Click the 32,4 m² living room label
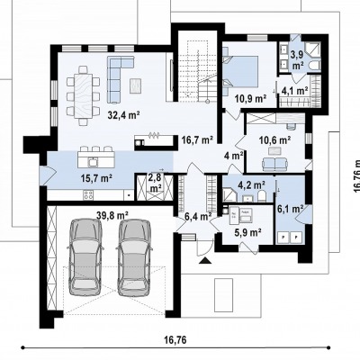(x=123, y=115)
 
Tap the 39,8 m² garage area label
(x=112, y=215)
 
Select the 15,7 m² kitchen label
(x=96, y=178)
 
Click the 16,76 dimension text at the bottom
(x=175, y=340)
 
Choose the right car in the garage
(x=134, y=257)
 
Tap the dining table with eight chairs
(x=84, y=95)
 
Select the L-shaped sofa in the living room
(x=114, y=78)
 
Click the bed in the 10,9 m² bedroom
(x=240, y=71)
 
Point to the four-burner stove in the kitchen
(x=87, y=195)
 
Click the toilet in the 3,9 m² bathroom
(x=315, y=66)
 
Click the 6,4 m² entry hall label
(x=198, y=216)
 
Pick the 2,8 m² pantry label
(x=155, y=183)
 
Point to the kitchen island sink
(x=93, y=161)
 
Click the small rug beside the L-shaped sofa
(x=135, y=85)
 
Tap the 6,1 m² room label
(x=290, y=209)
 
